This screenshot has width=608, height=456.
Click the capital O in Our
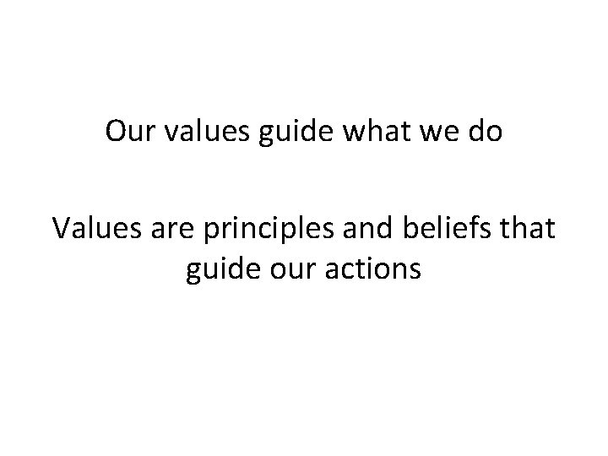(117, 132)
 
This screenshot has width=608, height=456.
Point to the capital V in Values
(62, 229)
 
